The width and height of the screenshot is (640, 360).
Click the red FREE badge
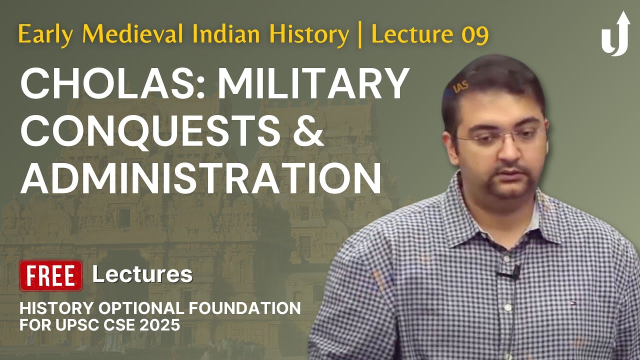pyautogui.click(x=50, y=275)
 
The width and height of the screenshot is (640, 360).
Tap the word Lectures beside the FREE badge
pyautogui.click(x=142, y=274)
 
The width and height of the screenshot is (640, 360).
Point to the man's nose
pyautogui.click(x=502, y=150)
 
